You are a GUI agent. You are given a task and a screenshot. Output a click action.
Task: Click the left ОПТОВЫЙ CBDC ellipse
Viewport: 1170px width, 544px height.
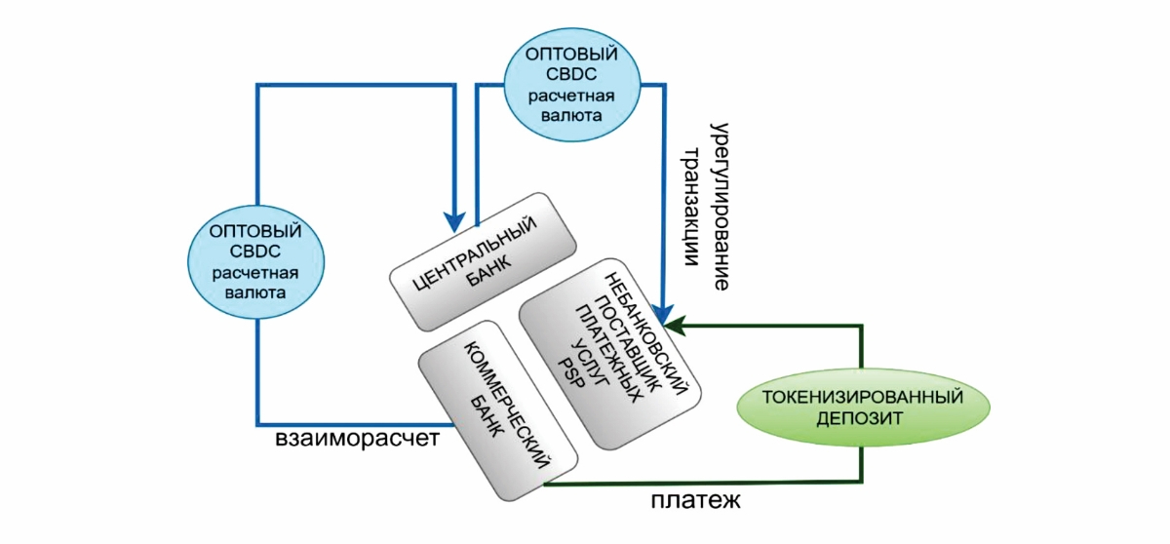pos(256,260)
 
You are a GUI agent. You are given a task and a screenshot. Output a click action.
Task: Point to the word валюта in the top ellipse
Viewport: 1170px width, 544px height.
pos(570,116)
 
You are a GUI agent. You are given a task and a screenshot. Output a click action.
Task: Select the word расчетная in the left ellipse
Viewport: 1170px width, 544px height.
pos(256,272)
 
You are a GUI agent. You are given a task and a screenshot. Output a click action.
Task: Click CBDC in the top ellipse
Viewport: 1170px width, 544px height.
pos(570,73)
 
